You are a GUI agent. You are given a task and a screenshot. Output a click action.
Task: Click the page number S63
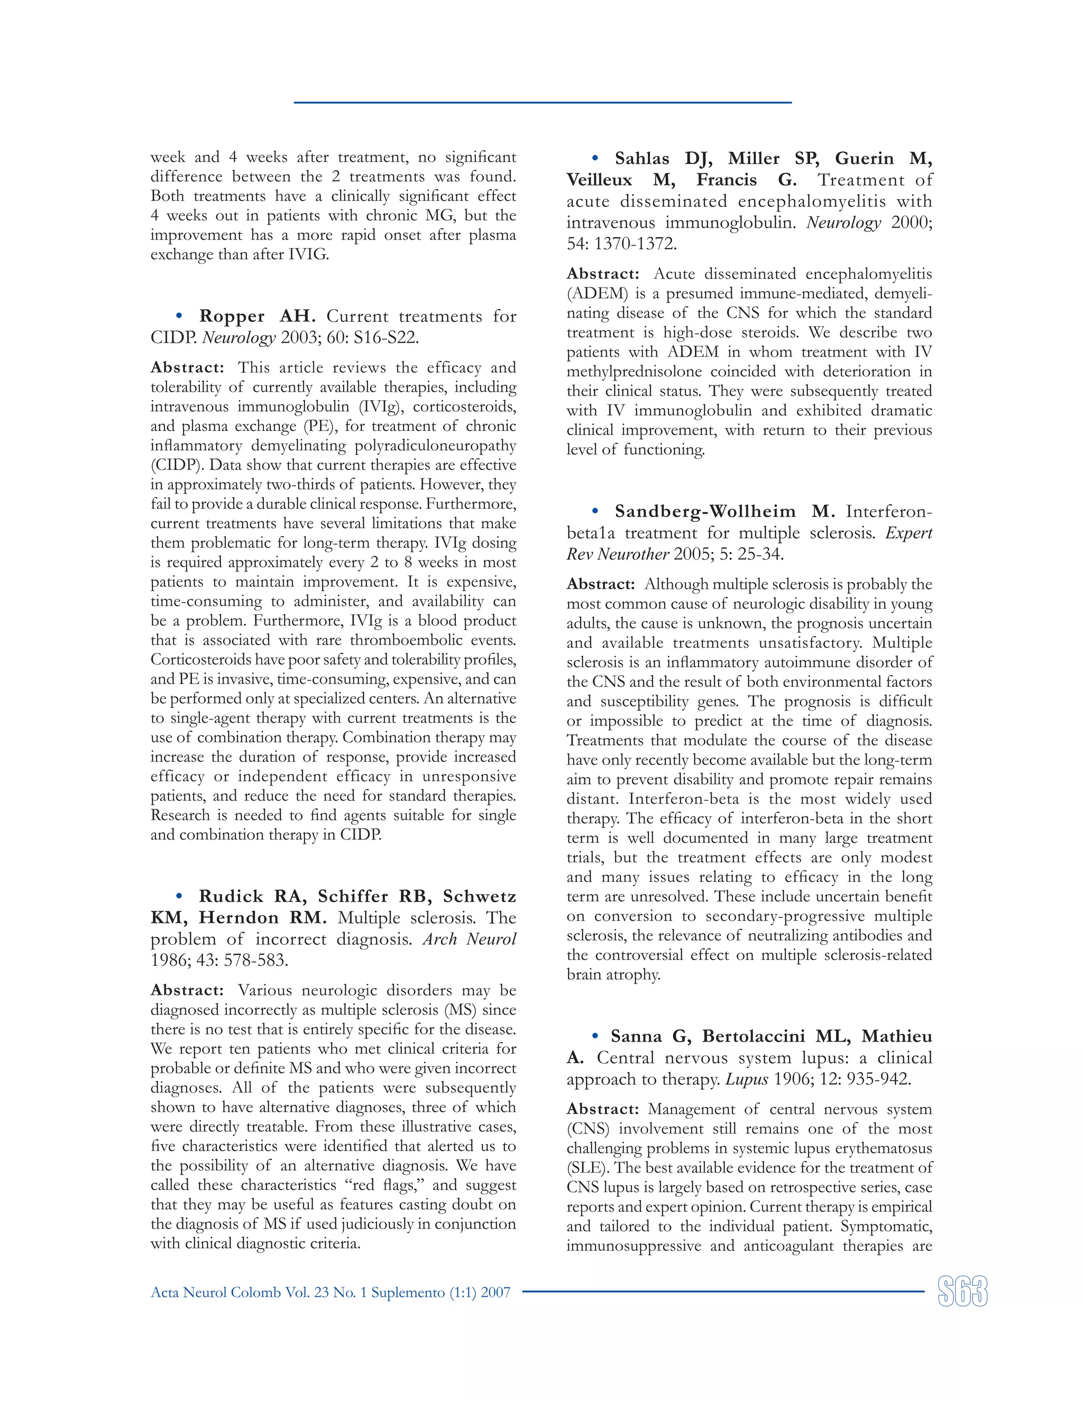pos(962,1292)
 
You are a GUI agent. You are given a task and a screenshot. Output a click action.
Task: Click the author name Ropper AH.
pos(256,316)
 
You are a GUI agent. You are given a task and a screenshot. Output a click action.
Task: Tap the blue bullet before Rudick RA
pos(179,896)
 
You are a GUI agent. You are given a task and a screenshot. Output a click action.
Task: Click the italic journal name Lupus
pos(747,1079)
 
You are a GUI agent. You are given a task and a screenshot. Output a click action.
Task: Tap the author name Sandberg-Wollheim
pos(705,511)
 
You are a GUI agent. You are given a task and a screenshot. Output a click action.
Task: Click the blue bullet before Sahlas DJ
pos(595,158)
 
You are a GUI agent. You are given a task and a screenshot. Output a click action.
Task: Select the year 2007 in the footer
pos(495,1293)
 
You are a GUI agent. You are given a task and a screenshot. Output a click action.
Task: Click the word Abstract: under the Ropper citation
pos(187,367)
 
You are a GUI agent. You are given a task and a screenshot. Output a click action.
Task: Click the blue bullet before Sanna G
pos(595,1036)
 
